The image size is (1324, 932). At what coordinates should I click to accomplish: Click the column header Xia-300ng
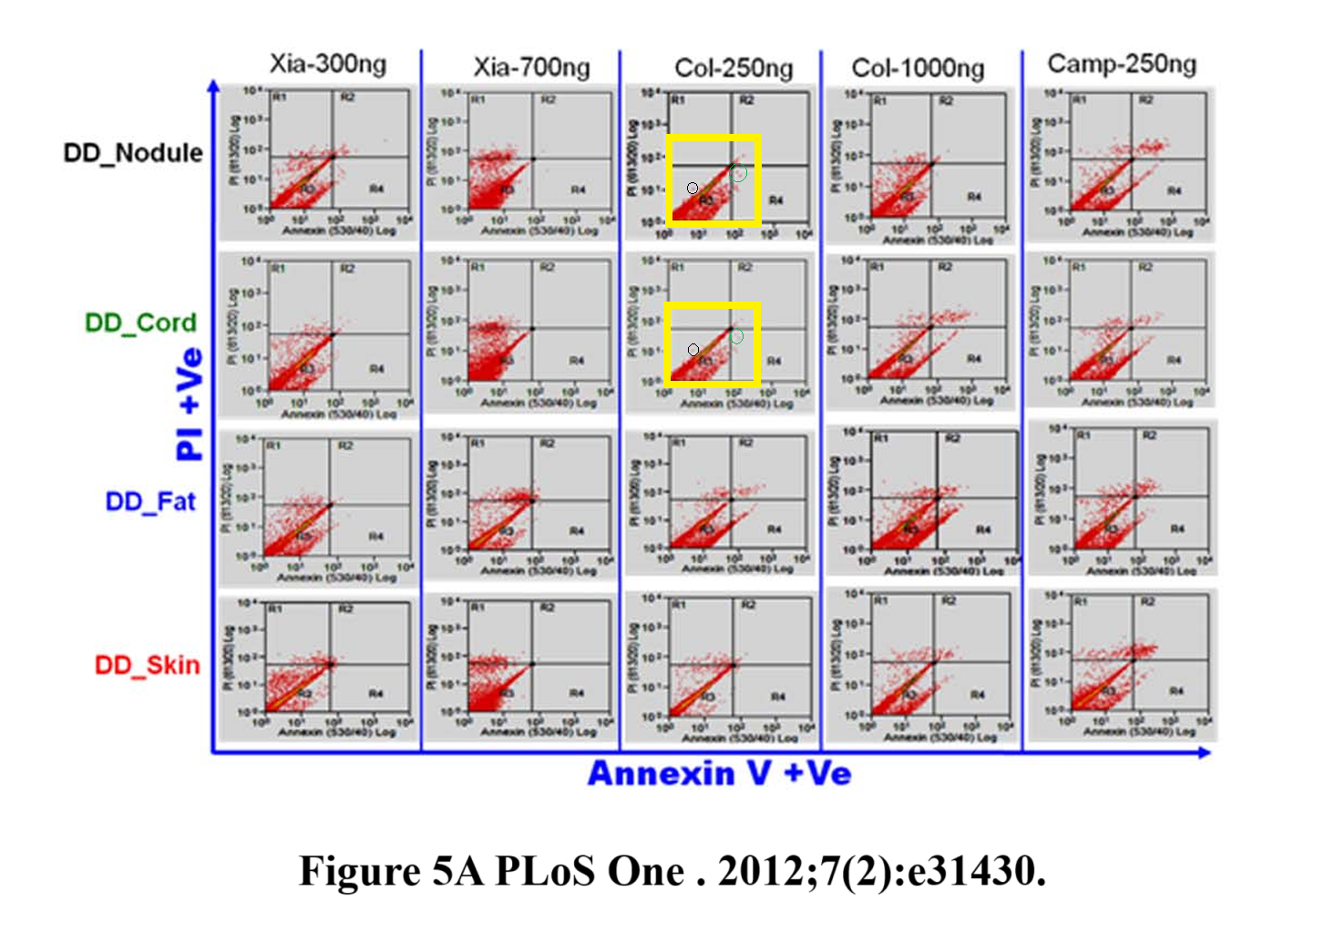click(x=328, y=64)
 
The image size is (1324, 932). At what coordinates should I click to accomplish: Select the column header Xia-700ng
click(x=531, y=67)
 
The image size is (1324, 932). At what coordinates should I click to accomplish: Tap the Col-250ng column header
click(x=734, y=68)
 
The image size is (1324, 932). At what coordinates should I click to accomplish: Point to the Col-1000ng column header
click(x=918, y=68)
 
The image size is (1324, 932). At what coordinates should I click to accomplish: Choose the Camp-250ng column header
click(x=1122, y=64)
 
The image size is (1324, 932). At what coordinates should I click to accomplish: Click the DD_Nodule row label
click(x=133, y=152)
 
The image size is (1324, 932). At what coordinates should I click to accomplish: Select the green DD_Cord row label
click(x=140, y=323)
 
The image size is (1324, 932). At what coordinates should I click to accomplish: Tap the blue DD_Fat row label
click(x=150, y=502)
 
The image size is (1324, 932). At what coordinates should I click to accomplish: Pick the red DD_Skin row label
click(x=147, y=665)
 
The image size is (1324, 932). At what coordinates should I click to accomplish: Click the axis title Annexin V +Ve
click(x=719, y=773)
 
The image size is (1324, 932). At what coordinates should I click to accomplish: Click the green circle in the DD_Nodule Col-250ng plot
click(x=739, y=173)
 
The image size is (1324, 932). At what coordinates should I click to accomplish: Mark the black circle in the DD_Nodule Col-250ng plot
click(x=693, y=189)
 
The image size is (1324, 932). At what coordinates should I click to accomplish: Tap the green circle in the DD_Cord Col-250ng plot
click(x=737, y=336)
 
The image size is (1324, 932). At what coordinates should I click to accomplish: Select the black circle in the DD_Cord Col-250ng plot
click(x=693, y=350)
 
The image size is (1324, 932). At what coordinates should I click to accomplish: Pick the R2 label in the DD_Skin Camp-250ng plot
click(x=1147, y=602)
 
